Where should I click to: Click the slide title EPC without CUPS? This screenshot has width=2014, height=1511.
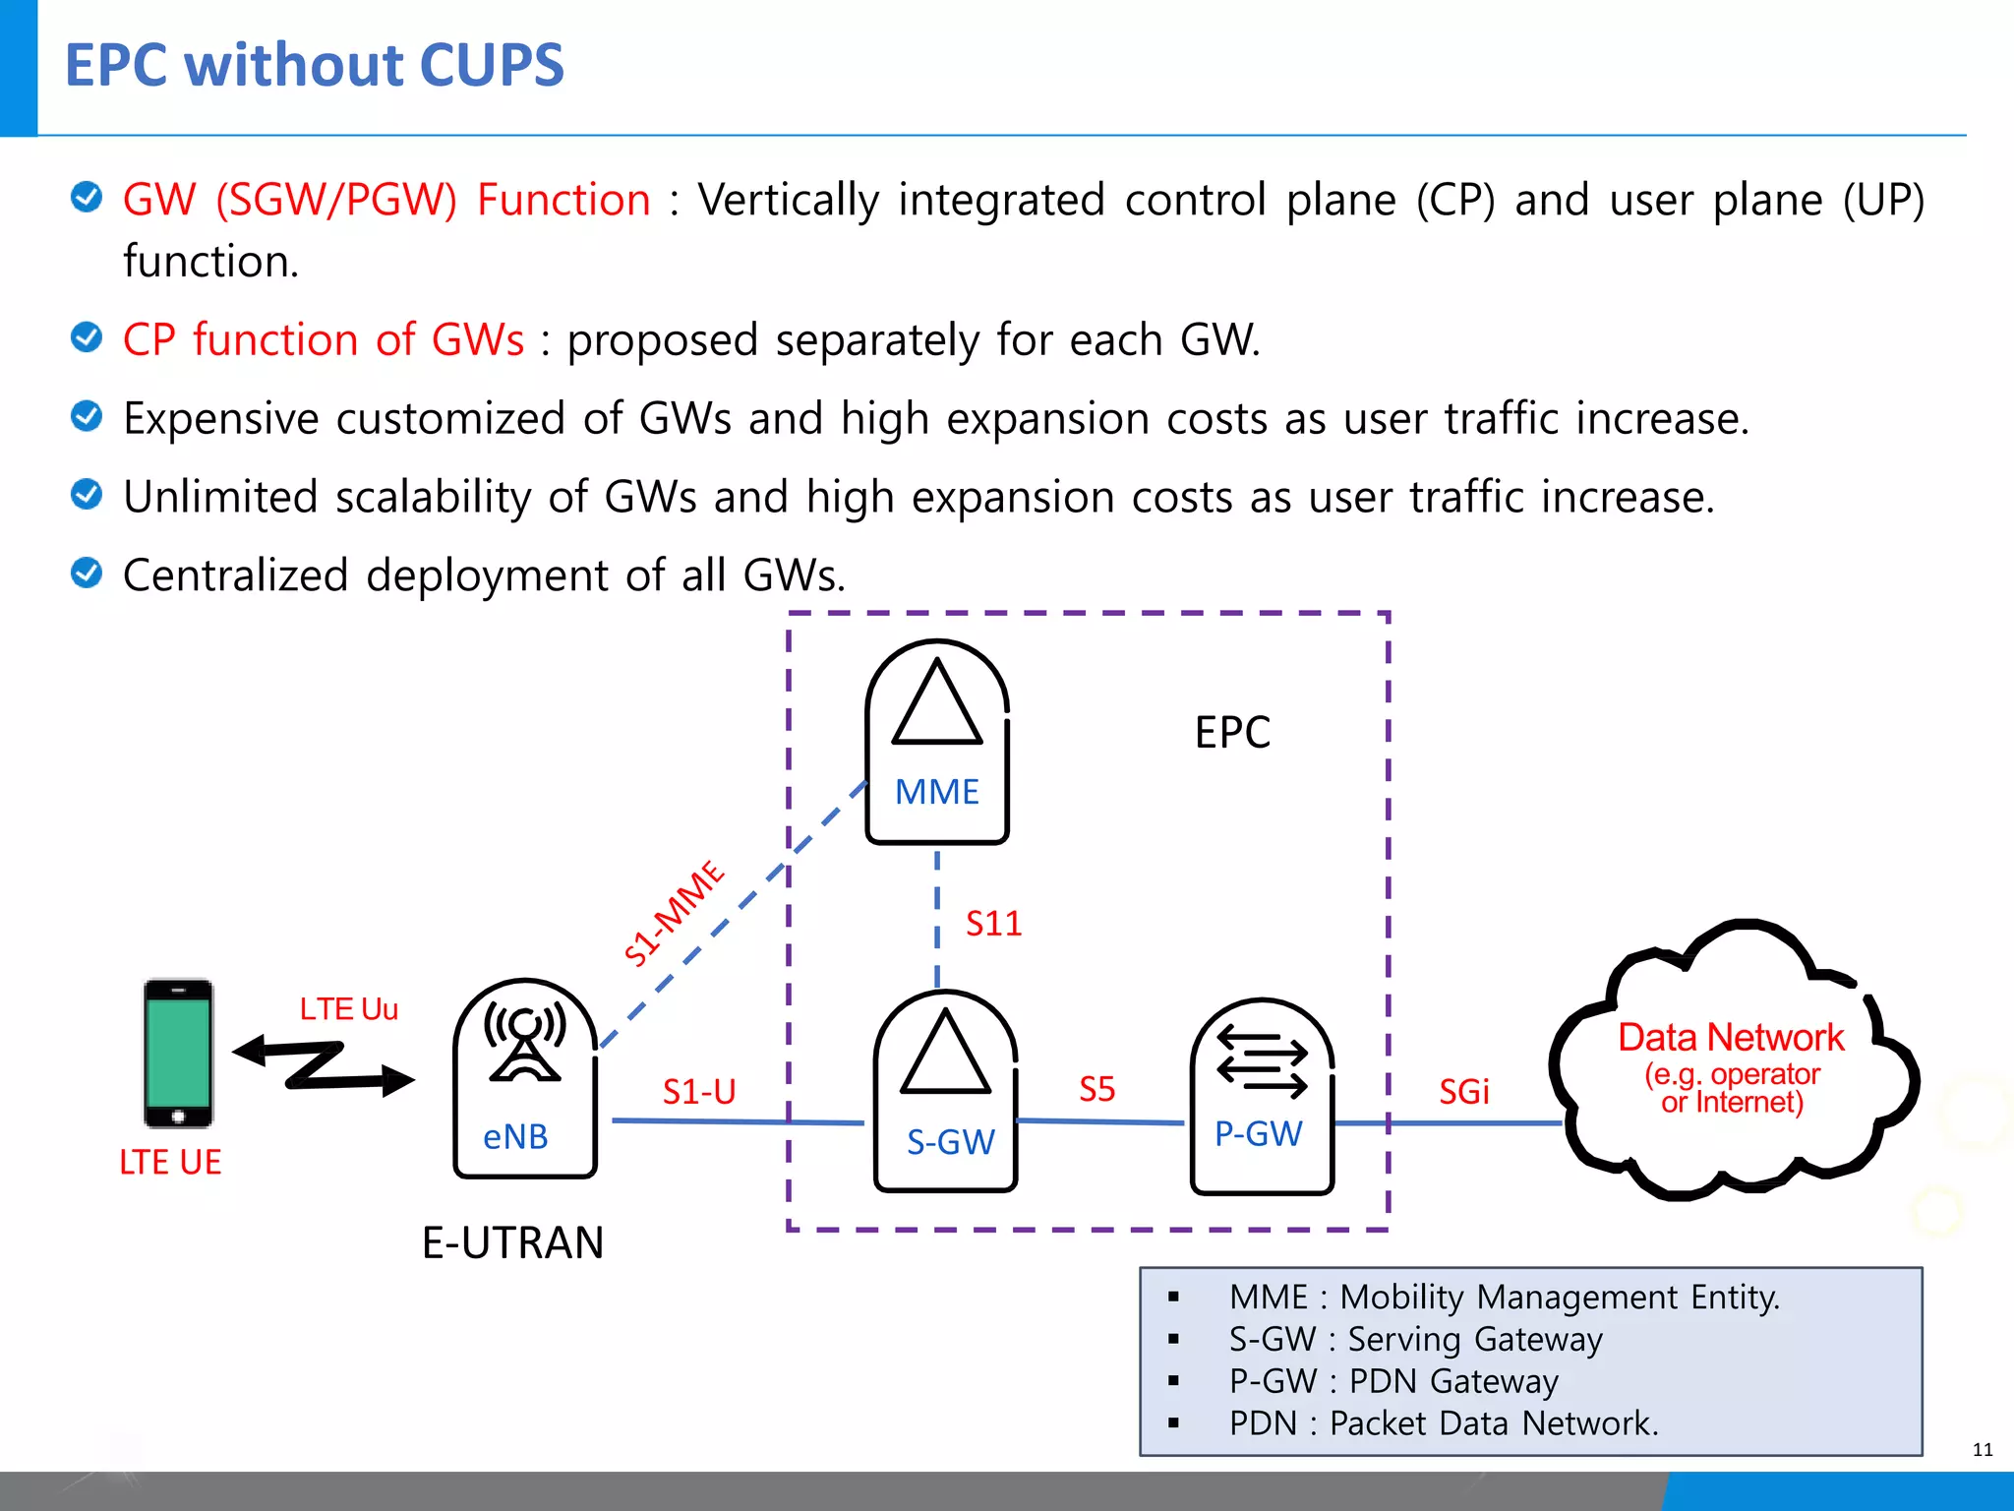click(314, 66)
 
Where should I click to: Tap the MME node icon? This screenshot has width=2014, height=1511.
click(936, 741)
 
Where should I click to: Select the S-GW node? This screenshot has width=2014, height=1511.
click(945, 1092)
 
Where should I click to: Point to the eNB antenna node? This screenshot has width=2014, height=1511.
click(525, 1078)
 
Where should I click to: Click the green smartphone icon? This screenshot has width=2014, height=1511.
click(178, 1054)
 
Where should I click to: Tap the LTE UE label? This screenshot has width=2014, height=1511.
click(170, 1162)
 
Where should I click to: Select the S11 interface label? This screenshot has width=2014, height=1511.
click(993, 924)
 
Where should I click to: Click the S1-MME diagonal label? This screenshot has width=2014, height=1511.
click(675, 913)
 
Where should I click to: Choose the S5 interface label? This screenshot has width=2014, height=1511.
click(1096, 1089)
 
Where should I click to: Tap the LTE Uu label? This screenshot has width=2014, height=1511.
click(348, 1009)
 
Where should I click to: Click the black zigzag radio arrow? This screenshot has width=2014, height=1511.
click(324, 1066)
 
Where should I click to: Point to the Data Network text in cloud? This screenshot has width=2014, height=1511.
click(1731, 1038)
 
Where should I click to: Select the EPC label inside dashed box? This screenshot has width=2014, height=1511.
click(1231, 733)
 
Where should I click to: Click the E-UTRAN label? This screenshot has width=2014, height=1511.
click(512, 1242)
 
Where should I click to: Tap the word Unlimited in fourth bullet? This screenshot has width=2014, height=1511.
click(220, 497)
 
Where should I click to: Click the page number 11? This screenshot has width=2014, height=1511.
click(1982, 1449)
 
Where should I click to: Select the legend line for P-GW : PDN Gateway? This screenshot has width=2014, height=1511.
click(1392, 1381)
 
